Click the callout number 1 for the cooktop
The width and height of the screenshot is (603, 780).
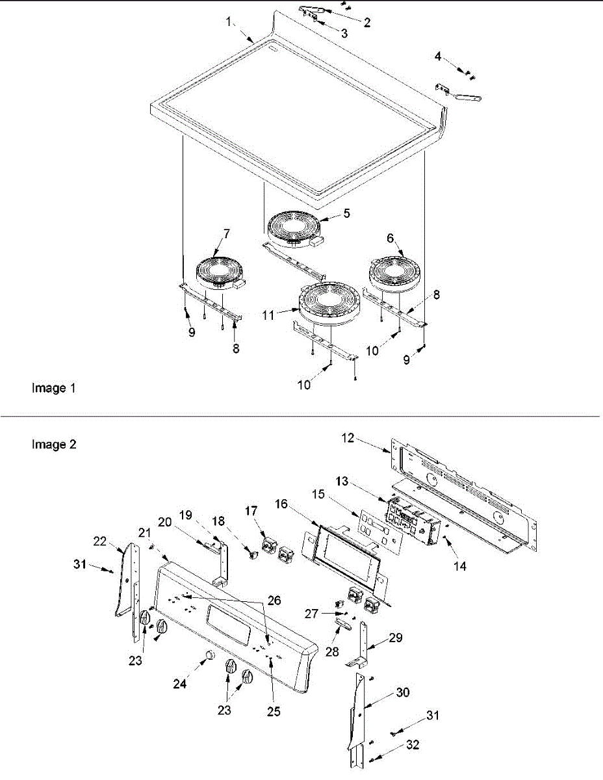tap(229, 22)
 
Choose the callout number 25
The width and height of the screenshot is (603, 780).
tap(274, 712)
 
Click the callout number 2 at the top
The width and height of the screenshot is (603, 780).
tap(367, 23)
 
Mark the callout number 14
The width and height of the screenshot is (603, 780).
tap(460, 566)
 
